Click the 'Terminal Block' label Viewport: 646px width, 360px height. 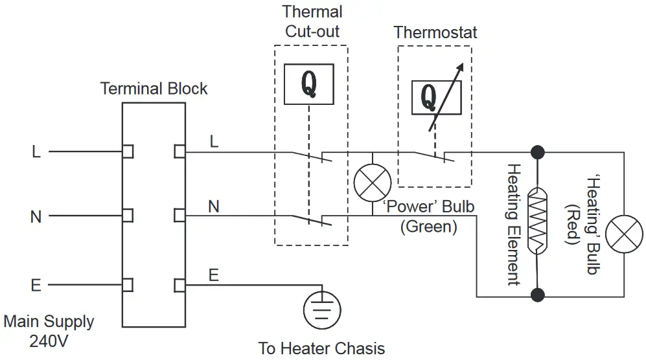[x=154, y=89]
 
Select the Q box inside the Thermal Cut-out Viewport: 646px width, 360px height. [x=309, y=84]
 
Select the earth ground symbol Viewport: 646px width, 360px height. [x=321, y=309]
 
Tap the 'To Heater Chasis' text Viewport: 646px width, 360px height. [x=321, y=348]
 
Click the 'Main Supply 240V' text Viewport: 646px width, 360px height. [x=49, y=331]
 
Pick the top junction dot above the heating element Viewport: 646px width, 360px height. [x=537, y=152]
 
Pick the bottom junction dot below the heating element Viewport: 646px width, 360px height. [x=537, y=296]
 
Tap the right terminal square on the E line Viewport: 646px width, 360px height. [x=179, y=285]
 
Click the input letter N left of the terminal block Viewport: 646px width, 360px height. [x=36, y=216]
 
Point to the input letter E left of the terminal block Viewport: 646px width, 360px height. [x=36, y=286]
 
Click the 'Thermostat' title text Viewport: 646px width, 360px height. [x=435, y=33]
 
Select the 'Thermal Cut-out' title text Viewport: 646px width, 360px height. [x=312, y=21]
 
